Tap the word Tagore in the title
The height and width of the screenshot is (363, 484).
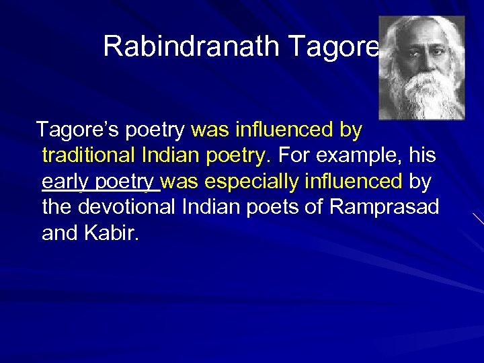pos(334,46)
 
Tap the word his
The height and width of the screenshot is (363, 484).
pos(421,155)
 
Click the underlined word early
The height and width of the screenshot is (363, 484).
pos(65,182)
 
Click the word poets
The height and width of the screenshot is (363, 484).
pos(274,207)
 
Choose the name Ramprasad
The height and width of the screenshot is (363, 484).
pos(384,207)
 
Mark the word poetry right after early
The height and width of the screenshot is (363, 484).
pos(126,182)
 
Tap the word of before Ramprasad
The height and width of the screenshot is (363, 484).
pos(314,207)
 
